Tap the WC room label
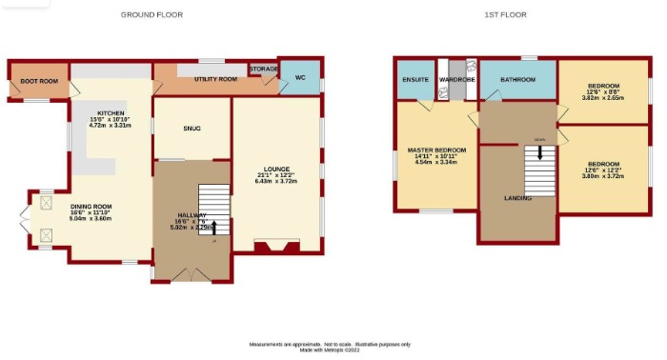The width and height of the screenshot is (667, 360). (299, 77)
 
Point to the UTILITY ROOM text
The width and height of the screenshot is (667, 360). (214, 79)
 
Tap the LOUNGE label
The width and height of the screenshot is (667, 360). (277, 169)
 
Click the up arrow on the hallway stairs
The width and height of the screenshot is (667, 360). (213, 227)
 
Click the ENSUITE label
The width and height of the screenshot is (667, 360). (415, 79)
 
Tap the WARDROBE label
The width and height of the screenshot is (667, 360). (456, 79)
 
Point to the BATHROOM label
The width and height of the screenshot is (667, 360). (517, 79)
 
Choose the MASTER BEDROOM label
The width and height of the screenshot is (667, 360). (436, 150)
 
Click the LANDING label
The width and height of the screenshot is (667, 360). (517, 197)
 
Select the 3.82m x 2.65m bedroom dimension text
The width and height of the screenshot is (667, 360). (603, 97)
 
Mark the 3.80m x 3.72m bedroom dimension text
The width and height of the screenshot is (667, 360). (603, 176)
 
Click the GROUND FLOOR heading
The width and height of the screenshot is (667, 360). (152, 15)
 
